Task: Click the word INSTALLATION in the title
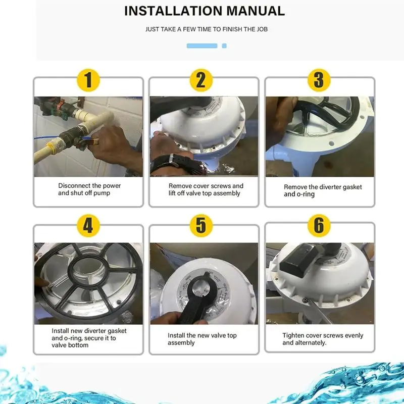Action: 173,11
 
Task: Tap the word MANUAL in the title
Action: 256,11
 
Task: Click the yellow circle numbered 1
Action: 88,80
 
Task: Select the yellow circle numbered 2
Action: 201,80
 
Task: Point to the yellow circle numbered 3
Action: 319,80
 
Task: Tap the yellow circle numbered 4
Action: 88,226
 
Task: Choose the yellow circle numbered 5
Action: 201,226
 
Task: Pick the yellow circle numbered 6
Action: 319,226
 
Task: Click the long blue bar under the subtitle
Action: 202,46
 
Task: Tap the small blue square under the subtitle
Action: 224,46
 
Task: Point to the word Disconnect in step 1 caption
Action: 74,185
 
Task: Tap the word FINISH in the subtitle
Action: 232,29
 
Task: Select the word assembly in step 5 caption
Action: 181,343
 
